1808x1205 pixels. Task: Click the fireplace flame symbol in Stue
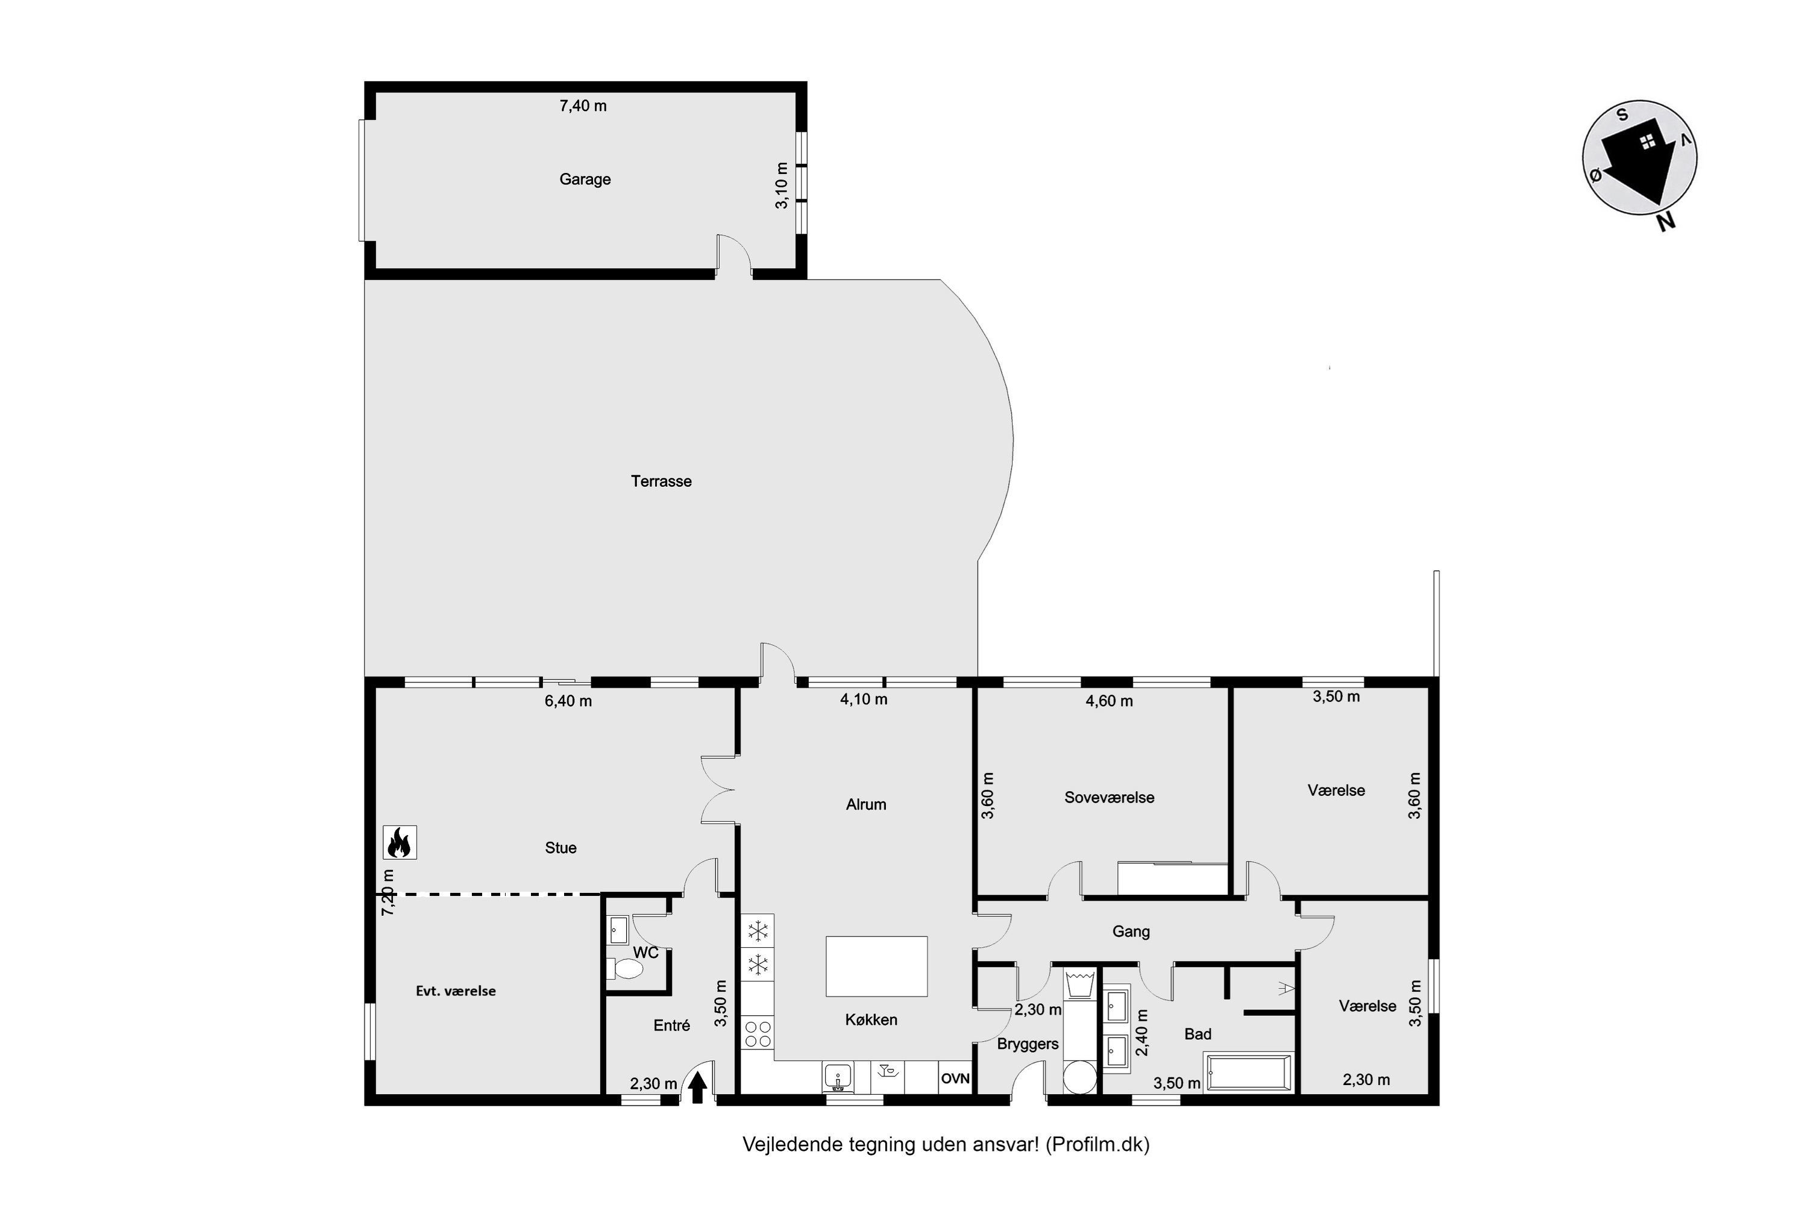pyautogui.click(x=400, y=842)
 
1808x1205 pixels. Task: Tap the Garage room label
pyautogui.click(x=585, y=179)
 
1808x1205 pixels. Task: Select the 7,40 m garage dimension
pyautogui.click(x=583, y=106)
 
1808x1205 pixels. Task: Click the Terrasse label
pyautogui.click(x=661, y=481)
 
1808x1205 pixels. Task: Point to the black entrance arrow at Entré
pyautogui.click(x=697, y=1088)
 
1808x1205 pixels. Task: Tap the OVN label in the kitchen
pyautogui.click(x=955, y=1078)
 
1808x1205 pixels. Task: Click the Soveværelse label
pyautogui.click(x=1110, y=798)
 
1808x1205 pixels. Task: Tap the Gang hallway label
pyautogui.click(x=1131, y=932)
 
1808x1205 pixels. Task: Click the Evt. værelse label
pyautogui.click(x=456, y=991)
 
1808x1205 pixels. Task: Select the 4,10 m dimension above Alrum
pyautogui.click(x=864, y=700)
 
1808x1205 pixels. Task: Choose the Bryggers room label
pyautogui.click(x=1028, y=1044)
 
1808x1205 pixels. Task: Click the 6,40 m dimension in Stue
pyautogui.click(x=568, y=701)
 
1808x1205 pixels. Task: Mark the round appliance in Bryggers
pyautogui.click(x=1080, y=1077)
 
